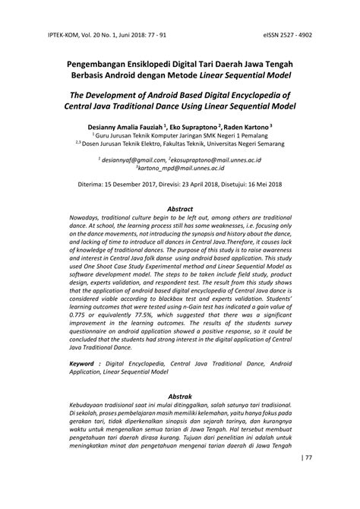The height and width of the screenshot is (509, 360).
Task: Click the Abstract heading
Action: point(179,209)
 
